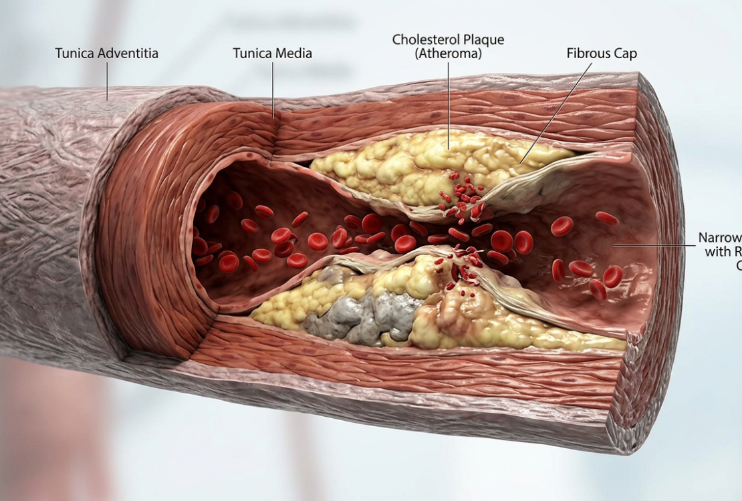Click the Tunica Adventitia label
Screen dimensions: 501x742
pos(106,53)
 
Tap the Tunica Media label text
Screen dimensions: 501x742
pos(272,53)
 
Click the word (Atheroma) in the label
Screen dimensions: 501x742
pos(448,53)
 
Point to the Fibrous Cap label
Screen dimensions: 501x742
pos(602,53)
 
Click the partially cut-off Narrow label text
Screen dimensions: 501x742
pos(721,238)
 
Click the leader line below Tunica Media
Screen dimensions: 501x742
pos(273,90)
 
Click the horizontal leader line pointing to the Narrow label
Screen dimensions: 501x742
pos(655,245)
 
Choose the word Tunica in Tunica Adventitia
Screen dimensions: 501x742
pos(75,53)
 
